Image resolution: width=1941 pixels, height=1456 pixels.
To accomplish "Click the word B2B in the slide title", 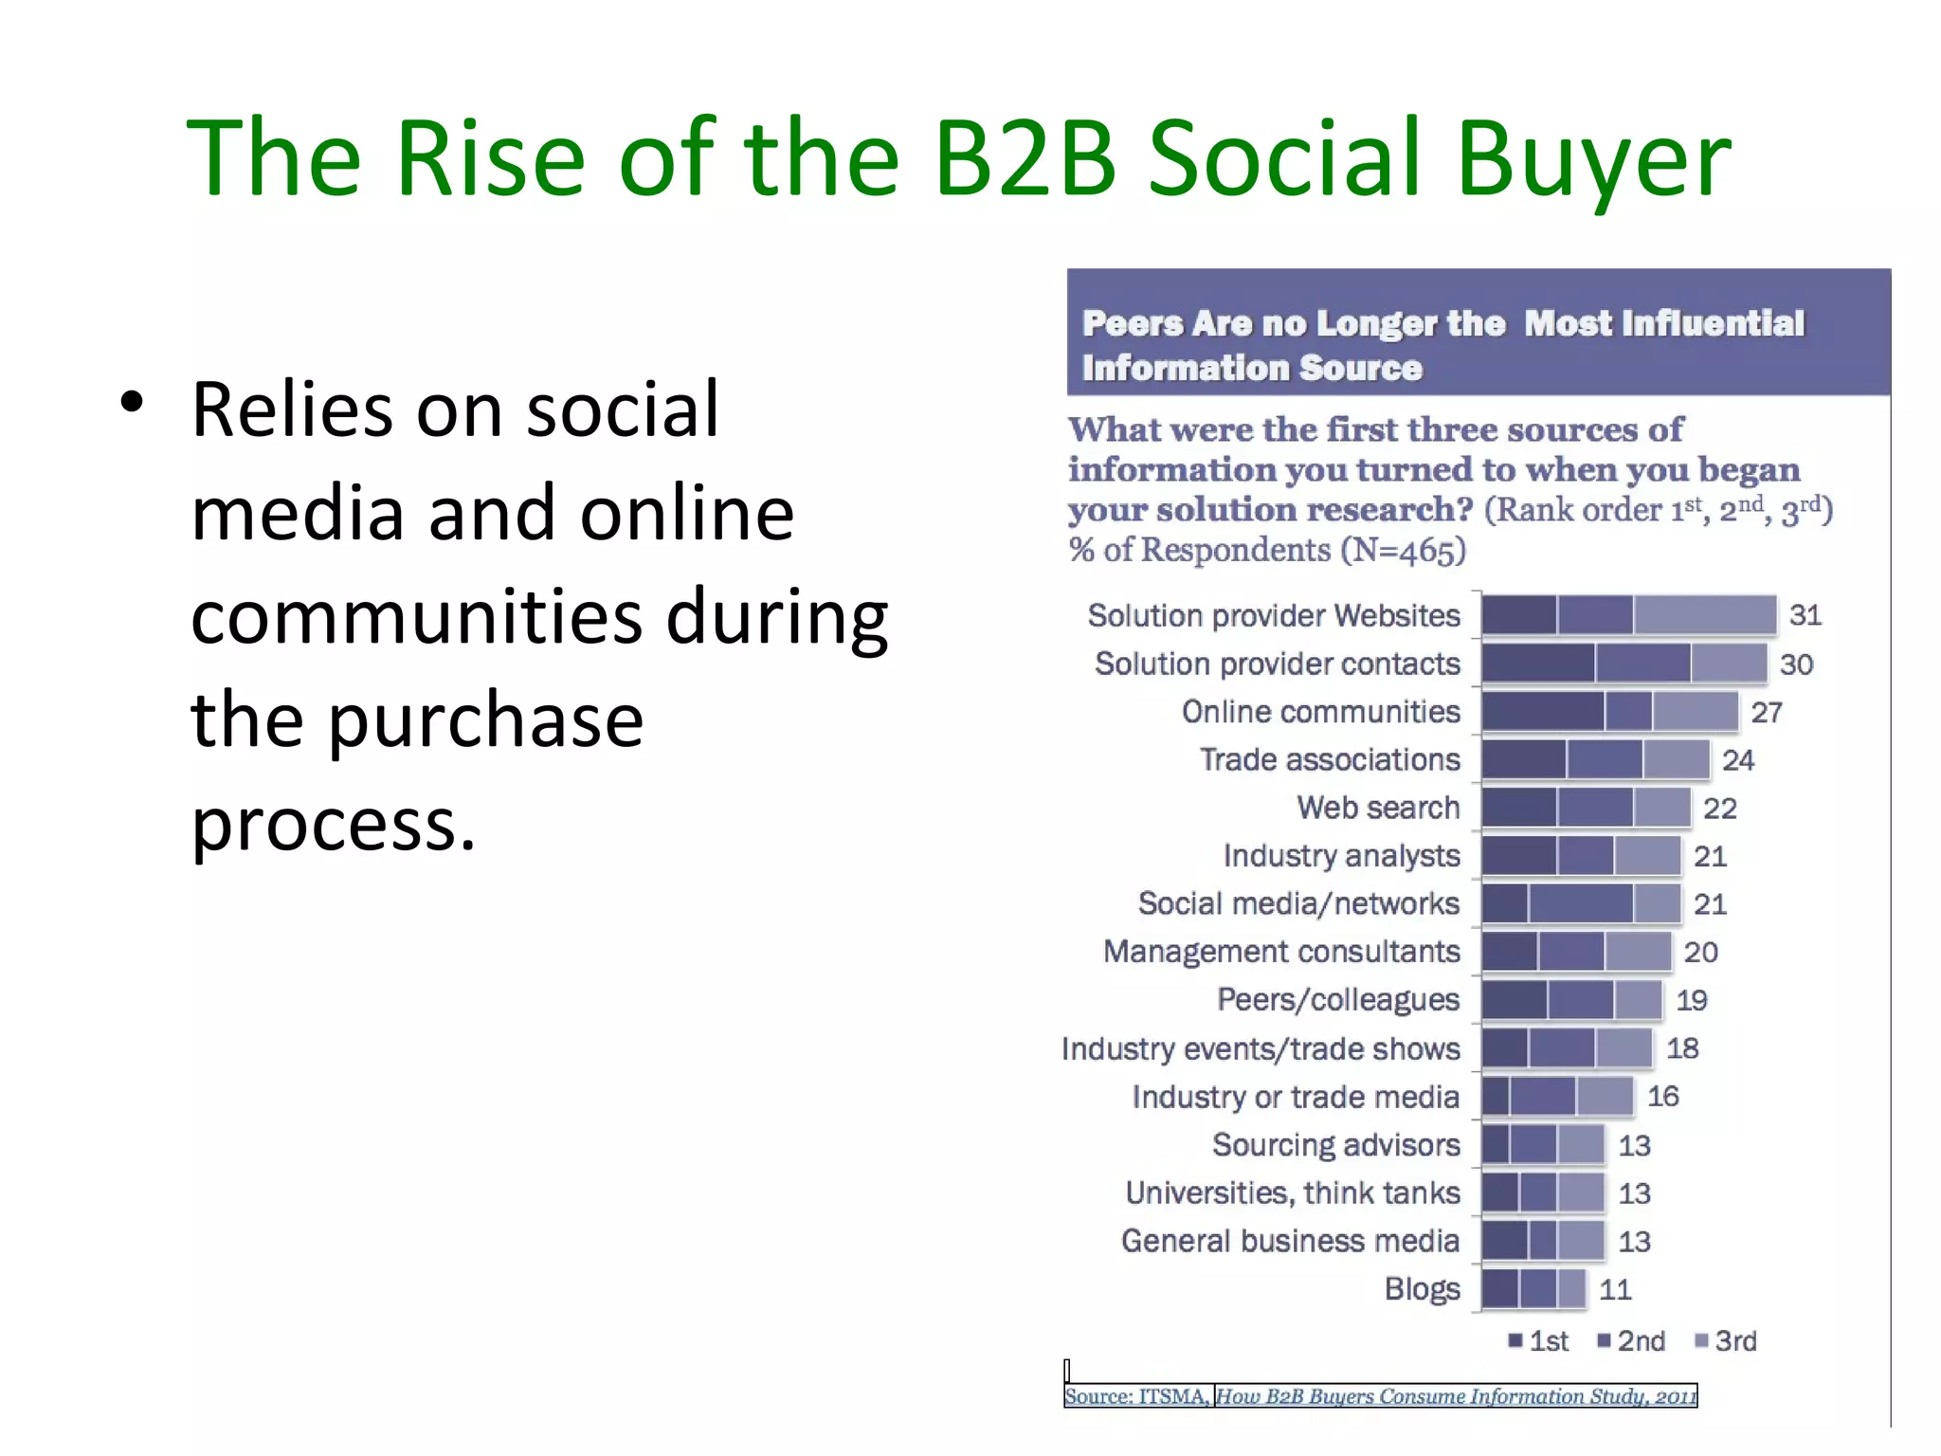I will pyautogui.click(x=1025, y=158).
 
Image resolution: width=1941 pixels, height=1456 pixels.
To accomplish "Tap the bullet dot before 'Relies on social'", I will pyautogui.click(x=132, y=402).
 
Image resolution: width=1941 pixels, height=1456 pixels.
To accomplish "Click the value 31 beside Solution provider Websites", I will pyautogui.click(x=1805, y=615).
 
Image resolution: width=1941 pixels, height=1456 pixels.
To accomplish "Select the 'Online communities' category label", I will pyautogui.click(x=1320, y=712).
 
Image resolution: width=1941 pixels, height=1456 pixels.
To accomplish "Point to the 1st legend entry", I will pyautogui.click(x=1539, y=1340).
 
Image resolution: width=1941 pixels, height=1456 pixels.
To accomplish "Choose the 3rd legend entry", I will pyautogui.click(x=1726, y=1340).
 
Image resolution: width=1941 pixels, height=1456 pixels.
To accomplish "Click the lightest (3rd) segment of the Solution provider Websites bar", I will pyautogui.click(x=1704, y=615).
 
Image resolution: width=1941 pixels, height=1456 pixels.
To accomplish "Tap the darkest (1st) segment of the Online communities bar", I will pyautogui.click(x=1543, y=712).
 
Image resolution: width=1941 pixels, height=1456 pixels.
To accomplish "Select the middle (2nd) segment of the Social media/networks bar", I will pyautogui.click(x=1580, y=903).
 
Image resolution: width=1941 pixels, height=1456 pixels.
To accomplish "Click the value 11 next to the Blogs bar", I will pyautogui.click(x=1615, y=1289).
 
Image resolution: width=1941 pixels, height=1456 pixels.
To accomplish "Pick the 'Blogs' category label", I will pyautogui.click(x=1422, y=1289).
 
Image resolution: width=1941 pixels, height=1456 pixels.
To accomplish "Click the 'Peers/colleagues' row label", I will pyautogui.click(x=1338, y=1000).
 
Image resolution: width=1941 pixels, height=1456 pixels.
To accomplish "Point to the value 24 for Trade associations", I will pyautogui.click(x=1738, y=760).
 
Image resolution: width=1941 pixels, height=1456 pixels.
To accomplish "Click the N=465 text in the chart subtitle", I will pyautogui.click(x=1403, y=550).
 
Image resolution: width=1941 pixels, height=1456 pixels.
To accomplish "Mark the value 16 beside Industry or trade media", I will pyautogui.click(x=1662, y=1097).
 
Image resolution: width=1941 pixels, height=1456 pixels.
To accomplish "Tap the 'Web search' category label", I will pyautogui.click(x=1378, y=808).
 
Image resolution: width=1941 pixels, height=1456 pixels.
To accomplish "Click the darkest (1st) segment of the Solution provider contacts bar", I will pyautogui.click(x=1538, y=664).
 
